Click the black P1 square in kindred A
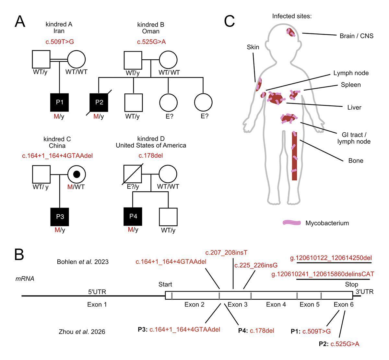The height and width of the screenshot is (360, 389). pyautogui.click(x=60, y=102)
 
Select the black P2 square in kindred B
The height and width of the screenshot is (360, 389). pyautogui.click(x=99, y=102)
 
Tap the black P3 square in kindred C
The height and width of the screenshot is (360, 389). pyautogui.click(x=60, y=216)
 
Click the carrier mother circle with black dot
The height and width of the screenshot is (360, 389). pyautogui.click(x=77, y=174)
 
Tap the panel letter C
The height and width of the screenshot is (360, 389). pyautogui.click(x=230, y=22)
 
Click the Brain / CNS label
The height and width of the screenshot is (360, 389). pyautogui.click(x=356, y=36)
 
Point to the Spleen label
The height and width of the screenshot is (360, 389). pyautogui.click(x=351, y=85)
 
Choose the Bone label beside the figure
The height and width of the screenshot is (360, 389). pyautogui.click(x=356, y=161)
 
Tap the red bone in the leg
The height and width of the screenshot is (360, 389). pyautogui.click(x=294, y=156)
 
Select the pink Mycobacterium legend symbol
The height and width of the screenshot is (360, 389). pyautogui.click(x=292, y=223)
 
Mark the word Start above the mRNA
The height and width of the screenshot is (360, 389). pyautogui.click(x=165, y=285)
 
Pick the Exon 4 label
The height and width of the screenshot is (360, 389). pyautogui.click(x=276, y=305)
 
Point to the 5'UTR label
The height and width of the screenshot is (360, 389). pyautogui.click(x=97, y=292)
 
